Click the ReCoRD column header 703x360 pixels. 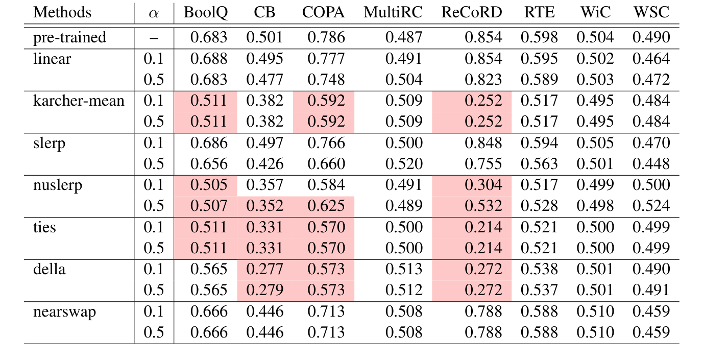[471, 13]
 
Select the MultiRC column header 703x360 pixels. [393, 13]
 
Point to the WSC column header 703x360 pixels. [650, 13]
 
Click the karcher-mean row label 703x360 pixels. [79, 101]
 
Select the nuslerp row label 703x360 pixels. [57, 185]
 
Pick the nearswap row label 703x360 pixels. [64, 311]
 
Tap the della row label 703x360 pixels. [49, 269]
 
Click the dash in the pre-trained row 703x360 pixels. [154, 38]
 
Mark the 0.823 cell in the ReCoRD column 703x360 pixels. [483, 80]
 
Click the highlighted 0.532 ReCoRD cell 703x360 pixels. [483, 206]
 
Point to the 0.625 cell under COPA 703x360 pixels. [326, 206]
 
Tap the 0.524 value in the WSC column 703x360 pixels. [650, 206]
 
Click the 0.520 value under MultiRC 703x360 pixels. [404, 164]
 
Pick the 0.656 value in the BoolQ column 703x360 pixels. [209, 164]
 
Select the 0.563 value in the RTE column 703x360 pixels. [539, 164]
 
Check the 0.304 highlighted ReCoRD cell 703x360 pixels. [483, 185]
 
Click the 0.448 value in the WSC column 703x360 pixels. [650, 164]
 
